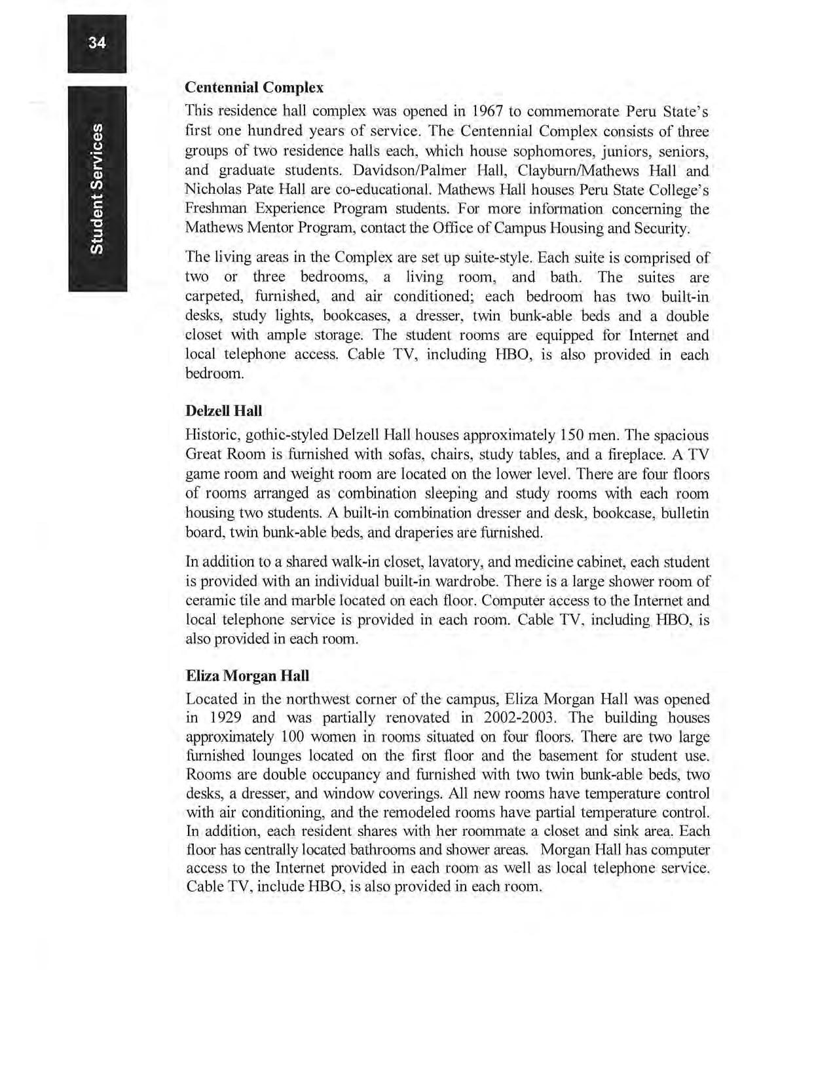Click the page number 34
point(97,43)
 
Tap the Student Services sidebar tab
point(97,189)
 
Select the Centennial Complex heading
point(254,87)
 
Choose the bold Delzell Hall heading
point(223,411)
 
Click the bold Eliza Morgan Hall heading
point(248,675)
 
